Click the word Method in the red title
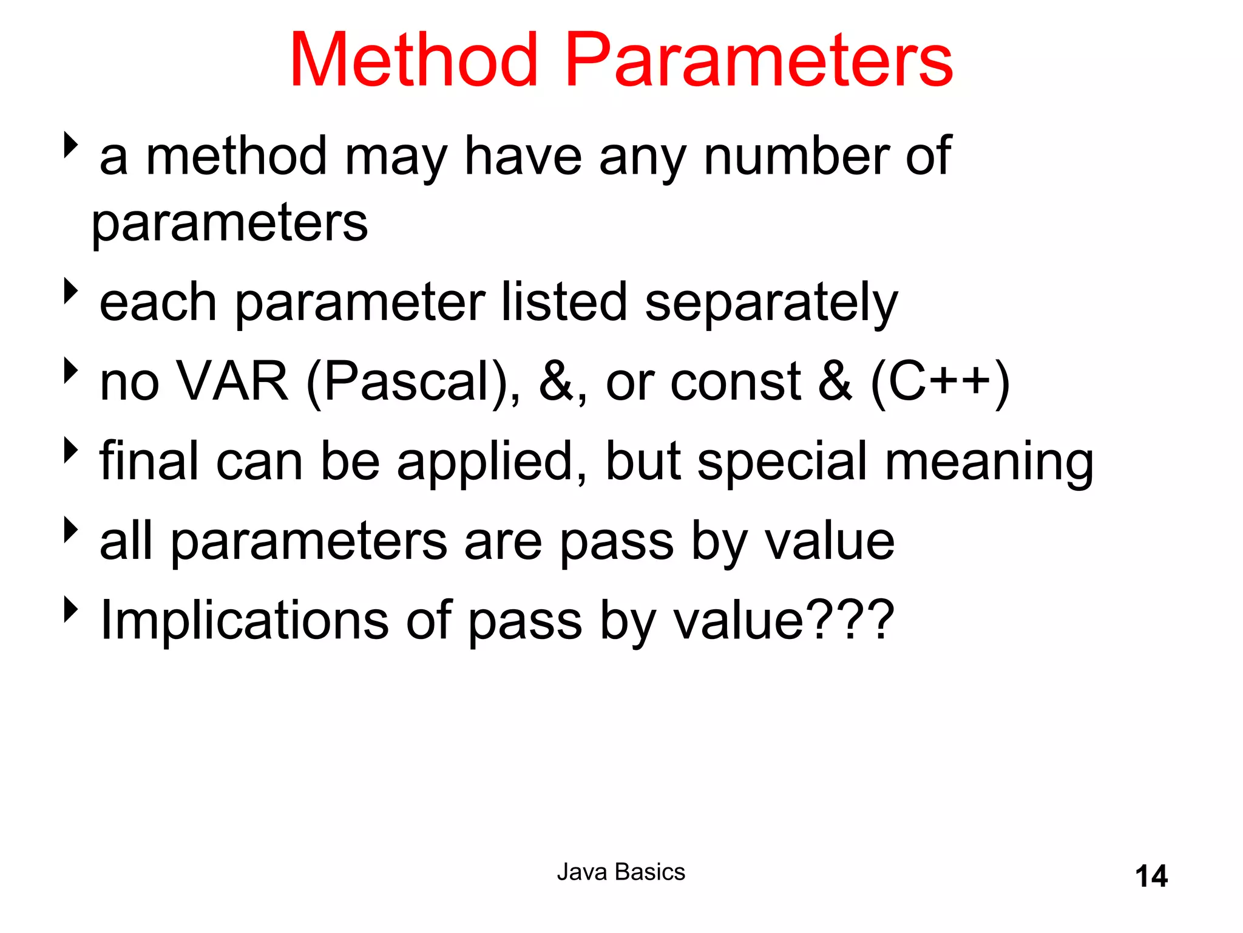(x=414, y=61)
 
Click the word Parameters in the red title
(x=759, y=61)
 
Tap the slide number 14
(x=1151, y=877)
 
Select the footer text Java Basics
(x=621, y=872)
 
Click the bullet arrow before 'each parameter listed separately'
(x=72, y=292)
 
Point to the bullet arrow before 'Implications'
(x=72, y=609)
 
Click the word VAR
(x=232, y=381)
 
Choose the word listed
(x=564, y=302)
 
